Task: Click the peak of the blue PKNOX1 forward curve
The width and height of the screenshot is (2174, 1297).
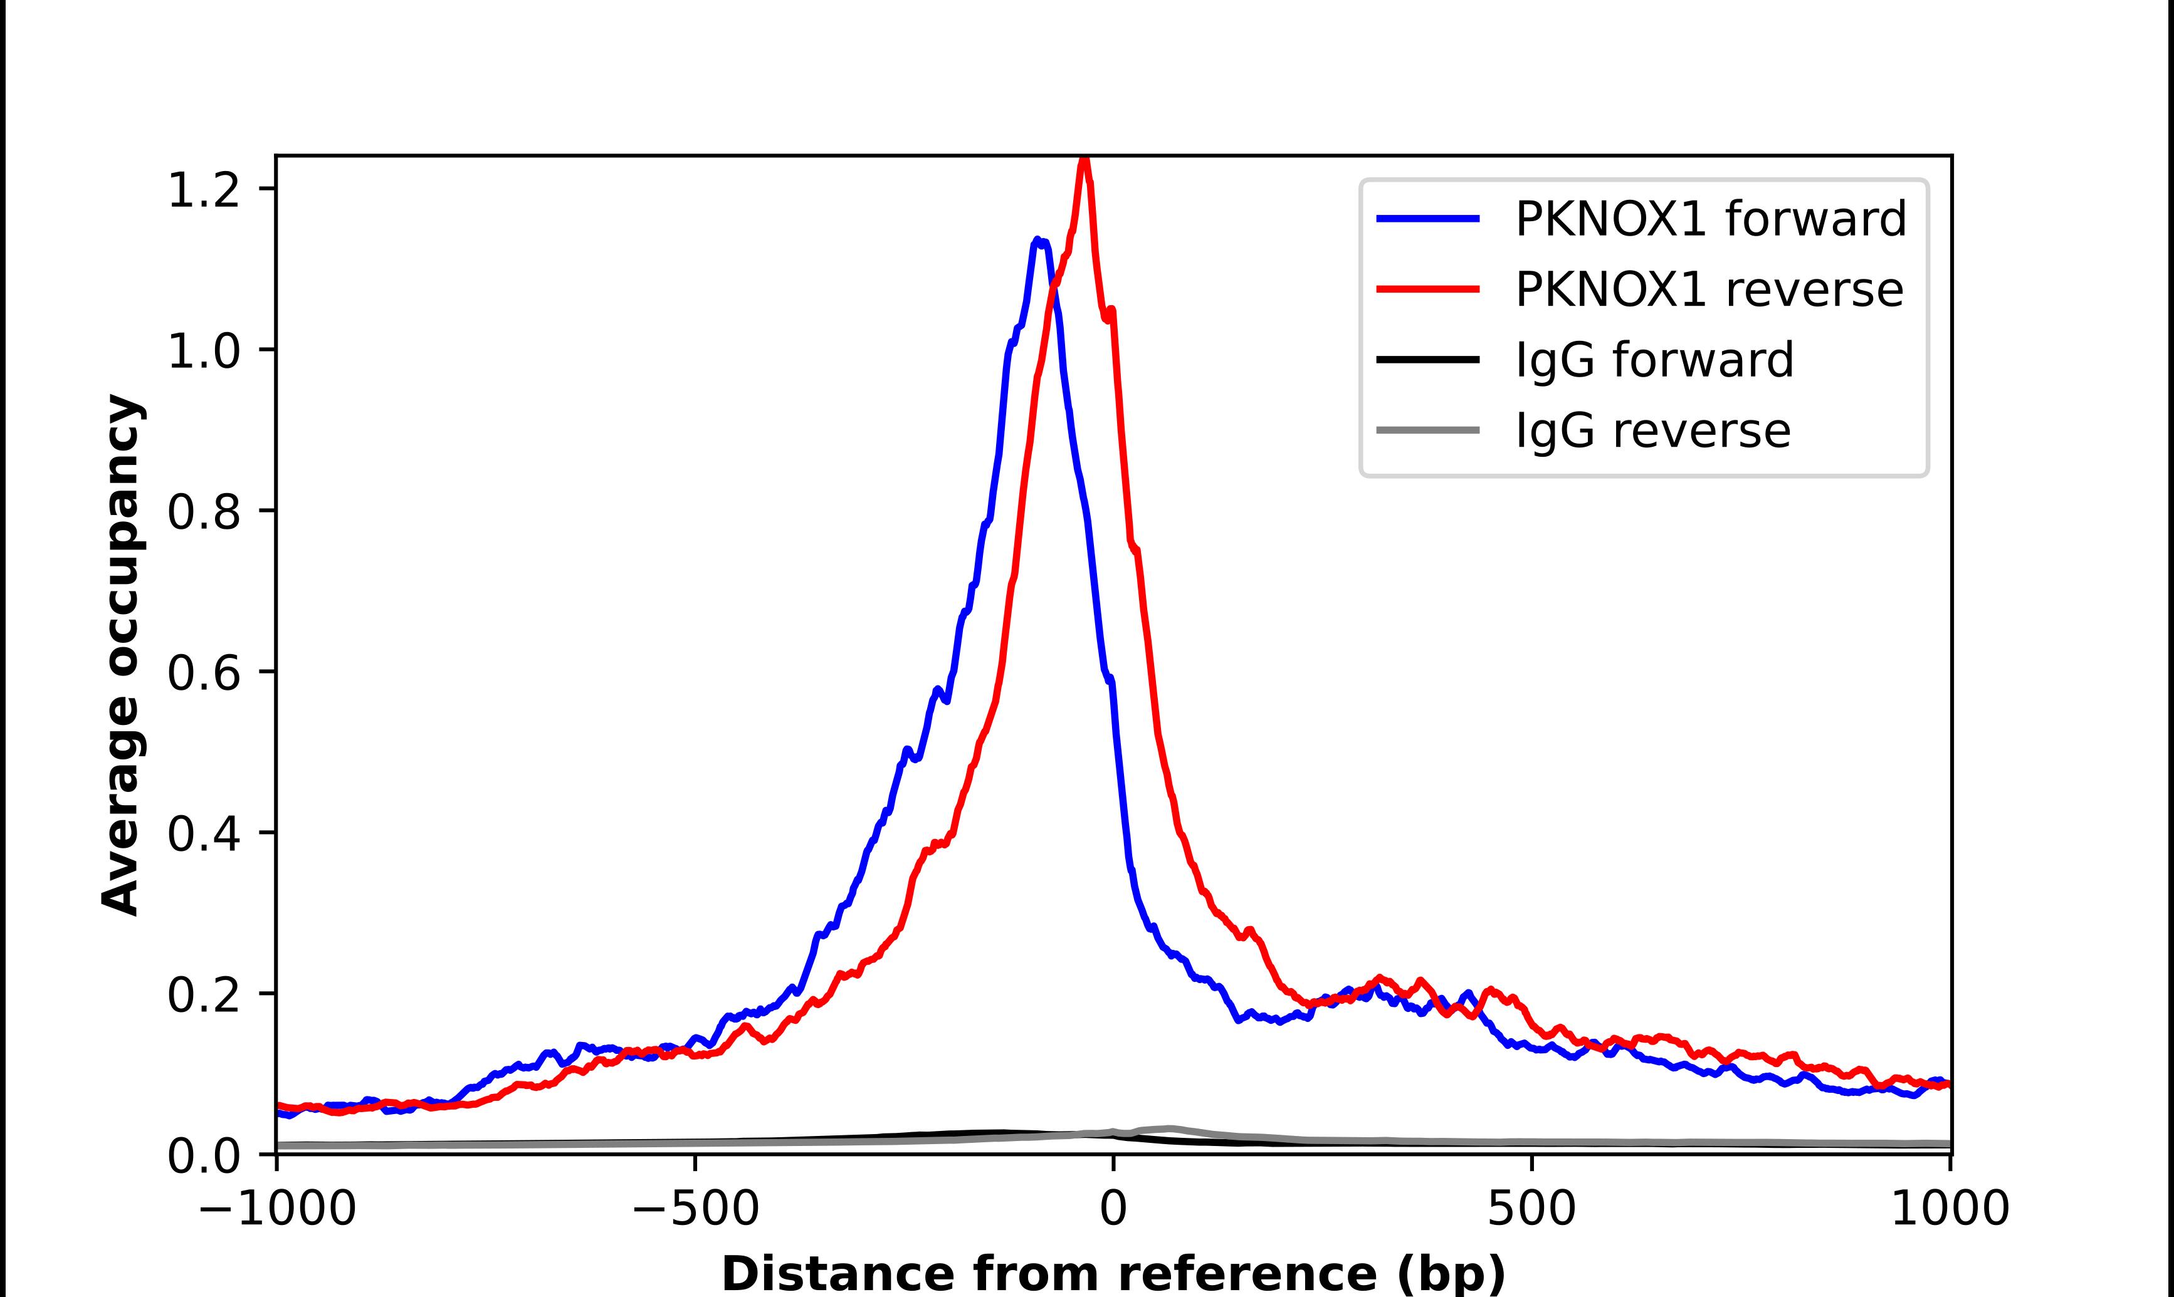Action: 1037,239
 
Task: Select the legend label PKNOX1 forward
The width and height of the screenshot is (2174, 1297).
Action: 1711,219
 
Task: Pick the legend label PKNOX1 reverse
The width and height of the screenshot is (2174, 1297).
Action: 1709,289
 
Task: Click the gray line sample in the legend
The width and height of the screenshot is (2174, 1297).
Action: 1427,430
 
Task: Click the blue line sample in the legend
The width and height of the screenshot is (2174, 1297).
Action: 1427,219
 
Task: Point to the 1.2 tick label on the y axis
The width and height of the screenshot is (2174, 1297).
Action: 203,190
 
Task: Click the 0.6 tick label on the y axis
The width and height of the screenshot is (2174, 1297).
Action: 203,673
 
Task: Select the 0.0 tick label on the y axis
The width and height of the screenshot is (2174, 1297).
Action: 203,1155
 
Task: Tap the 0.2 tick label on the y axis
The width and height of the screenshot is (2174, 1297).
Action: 203,994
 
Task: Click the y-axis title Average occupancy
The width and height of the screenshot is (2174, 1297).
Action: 120,655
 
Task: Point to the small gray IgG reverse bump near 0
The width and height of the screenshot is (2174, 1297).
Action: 1168,1128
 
